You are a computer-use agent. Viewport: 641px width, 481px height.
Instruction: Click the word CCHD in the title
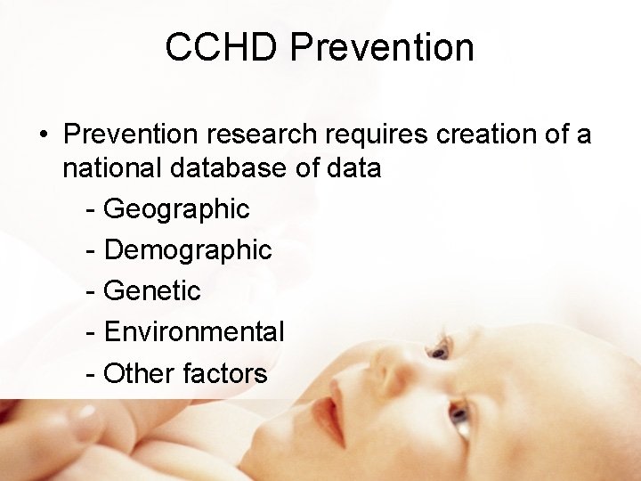tap(222, 47)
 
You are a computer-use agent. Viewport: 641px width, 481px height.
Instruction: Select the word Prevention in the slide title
tap(382, 47)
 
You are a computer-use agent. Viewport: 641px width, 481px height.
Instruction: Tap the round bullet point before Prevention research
tap(43, 135)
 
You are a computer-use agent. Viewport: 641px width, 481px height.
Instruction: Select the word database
tap(225, 167)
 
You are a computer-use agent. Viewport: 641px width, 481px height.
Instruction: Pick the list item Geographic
tap(176, 209)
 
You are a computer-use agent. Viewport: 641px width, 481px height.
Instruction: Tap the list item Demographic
tap(188, 250)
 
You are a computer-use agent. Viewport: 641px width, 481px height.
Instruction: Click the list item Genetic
tap(152, 291)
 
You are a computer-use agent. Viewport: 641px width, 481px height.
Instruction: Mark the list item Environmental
tap(194, 332)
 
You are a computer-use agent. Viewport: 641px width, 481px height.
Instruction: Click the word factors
tap(224, 373)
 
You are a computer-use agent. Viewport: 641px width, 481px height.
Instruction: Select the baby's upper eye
tap(439, 352)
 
